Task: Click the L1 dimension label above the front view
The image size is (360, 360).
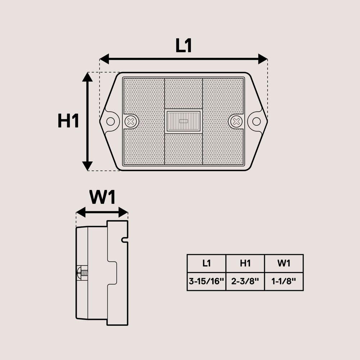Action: pos(184,46)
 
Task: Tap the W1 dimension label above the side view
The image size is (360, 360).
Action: pos(102,198)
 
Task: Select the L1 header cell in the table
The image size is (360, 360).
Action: pos(206,264)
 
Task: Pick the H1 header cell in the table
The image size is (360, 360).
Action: pos(245,264)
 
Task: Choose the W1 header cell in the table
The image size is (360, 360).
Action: pos(284,264)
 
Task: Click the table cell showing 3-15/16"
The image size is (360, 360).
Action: pos(206,282)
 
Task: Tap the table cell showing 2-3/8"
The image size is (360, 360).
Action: pos(245,282)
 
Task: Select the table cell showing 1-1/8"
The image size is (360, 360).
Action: pos(284,282)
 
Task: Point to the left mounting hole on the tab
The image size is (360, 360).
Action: pos(111,121)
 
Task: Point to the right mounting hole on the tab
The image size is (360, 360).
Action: pos(256,121)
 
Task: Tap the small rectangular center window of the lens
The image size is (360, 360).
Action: pos(183,121)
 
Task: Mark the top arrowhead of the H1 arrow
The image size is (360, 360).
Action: pos(87,77)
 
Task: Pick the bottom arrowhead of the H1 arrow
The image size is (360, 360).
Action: pos(87,166)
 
